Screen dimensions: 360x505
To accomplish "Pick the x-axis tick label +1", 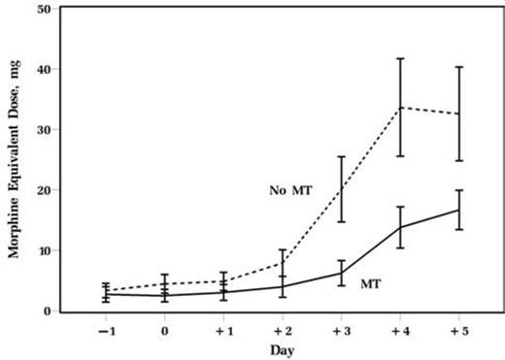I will pyautogui.click(x=223, y=331).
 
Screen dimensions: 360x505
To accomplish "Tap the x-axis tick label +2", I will pyautogui.click(x=282, y=331).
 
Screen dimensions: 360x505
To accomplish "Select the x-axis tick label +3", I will pyautogui.click(x=341, y=331).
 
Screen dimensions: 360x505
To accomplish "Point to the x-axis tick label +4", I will pyautogui.click(x=399, y=331).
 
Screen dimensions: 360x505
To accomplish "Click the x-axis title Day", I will pyautogui.click(x=282, y=350).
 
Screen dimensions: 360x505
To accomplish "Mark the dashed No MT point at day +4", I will pyautogui.click(x=400, y=107).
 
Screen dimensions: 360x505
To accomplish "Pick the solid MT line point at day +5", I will pyautogui.click(x=458, y=210).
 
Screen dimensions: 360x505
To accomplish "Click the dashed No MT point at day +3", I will pyautogui.click(x=342, y=188).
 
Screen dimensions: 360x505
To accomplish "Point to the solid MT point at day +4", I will pyautogui.click(x=400, y=227).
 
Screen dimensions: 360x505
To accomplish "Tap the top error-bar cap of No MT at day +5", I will pyautogui.click(x=458, y=67).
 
